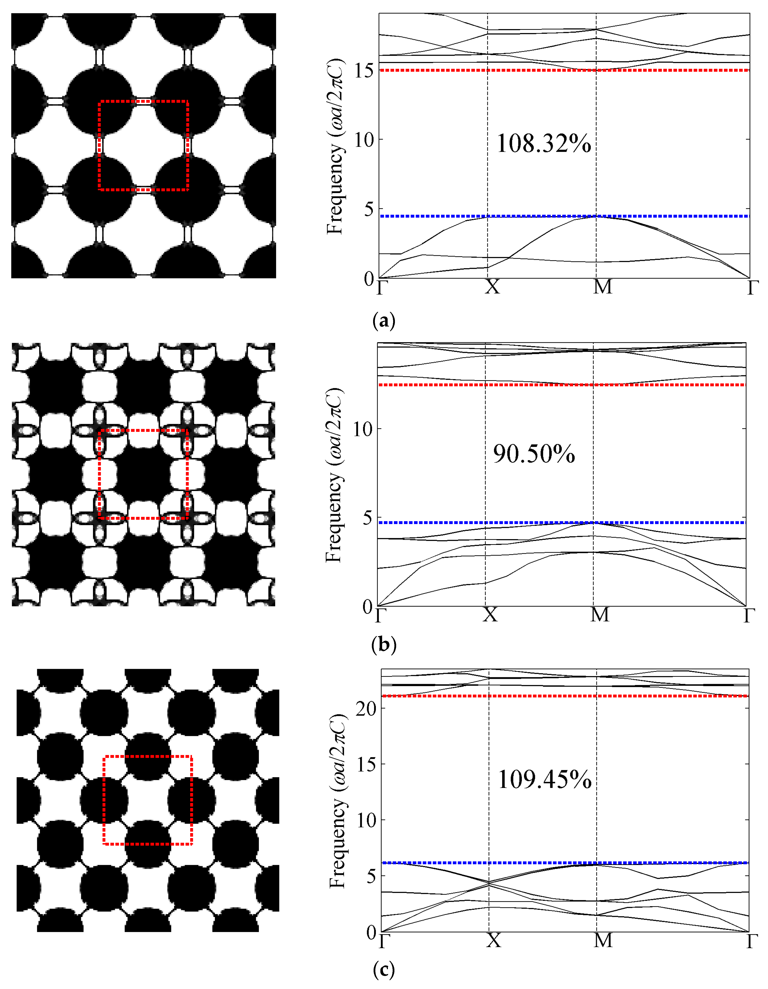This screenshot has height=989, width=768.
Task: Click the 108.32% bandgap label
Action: (x=543, y=144)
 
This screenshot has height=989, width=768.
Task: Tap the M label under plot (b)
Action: (x=600, y=615)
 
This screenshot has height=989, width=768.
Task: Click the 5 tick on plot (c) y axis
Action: (x=371, y=876)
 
